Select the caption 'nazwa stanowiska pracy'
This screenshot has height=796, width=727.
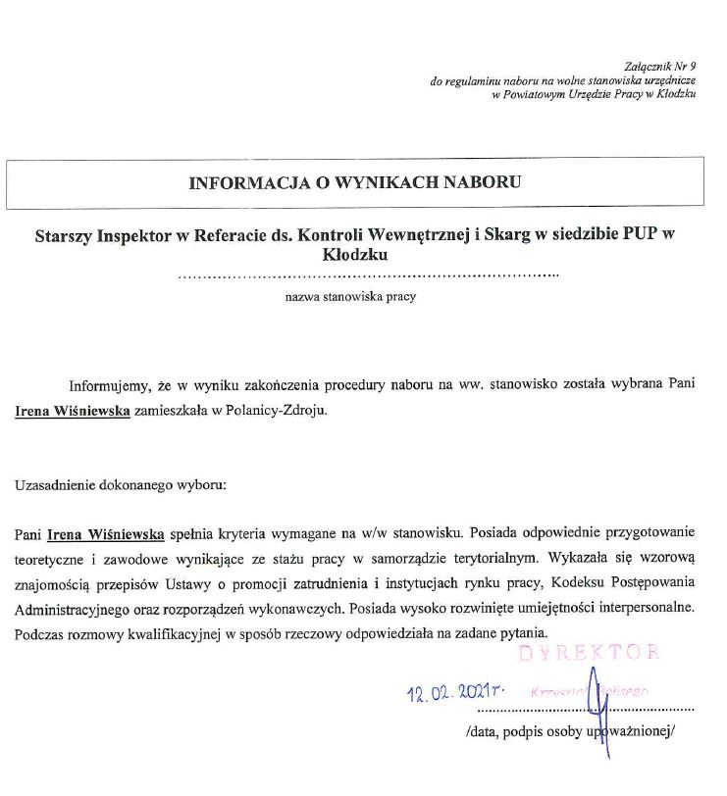click(x=350, y=296)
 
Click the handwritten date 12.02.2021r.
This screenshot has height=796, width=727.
click(x=460, y=694)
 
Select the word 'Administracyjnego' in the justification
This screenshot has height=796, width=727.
click(x=70, y=607)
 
